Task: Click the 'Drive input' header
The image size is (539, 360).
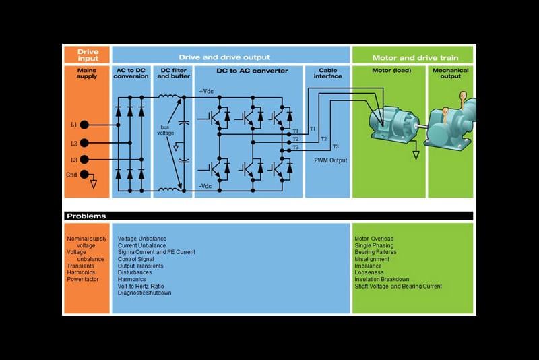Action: [x=87, y=55]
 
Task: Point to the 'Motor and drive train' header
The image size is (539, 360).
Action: [x=412, y=55]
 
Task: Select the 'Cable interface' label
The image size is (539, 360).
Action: [x=327, y=73]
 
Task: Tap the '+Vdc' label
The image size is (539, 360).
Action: [x=206, y=91]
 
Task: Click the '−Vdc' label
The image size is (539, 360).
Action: [x=206, y=186]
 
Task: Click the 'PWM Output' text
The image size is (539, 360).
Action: [x=330, y=161]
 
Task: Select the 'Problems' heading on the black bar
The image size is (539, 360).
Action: [x=86, y=216]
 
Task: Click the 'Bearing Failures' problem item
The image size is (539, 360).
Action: [x=375, y=252]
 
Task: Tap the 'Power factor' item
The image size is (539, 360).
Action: [x=83, y=279]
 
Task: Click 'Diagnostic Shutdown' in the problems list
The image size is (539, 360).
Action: [x=144, y=293]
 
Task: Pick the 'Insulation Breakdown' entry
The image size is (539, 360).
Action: [x=381, y=279]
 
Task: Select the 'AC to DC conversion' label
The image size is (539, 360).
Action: [x=131, y=73]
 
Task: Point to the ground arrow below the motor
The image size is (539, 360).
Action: [x=416, y=154]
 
